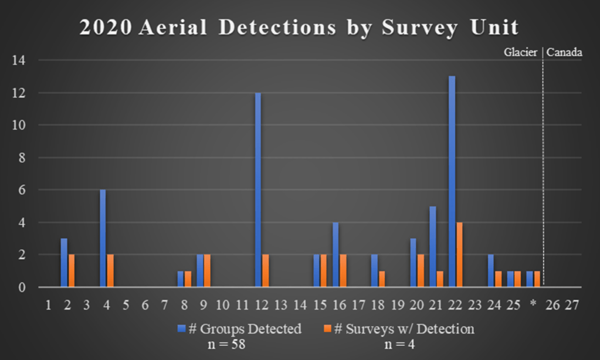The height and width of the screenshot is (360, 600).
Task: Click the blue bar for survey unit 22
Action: point(452,182)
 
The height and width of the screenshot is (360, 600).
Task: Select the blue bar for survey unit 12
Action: point(257,190)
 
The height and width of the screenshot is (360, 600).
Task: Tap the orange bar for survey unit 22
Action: point(459,255)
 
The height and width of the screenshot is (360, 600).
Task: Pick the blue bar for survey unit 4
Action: point(103,239)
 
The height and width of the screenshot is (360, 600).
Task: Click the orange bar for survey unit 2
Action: point(72,271)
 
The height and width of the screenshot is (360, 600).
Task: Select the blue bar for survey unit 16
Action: point(335,255)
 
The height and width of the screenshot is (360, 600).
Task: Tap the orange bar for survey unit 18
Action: point(382,279)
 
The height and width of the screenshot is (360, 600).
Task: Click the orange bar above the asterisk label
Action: point(537,279)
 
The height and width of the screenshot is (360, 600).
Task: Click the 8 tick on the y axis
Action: point(23,158)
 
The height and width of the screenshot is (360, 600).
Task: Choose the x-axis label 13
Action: point(281,305)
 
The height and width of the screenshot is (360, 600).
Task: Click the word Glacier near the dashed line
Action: point(521,52)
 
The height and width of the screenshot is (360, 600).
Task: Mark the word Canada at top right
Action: point(564,52)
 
